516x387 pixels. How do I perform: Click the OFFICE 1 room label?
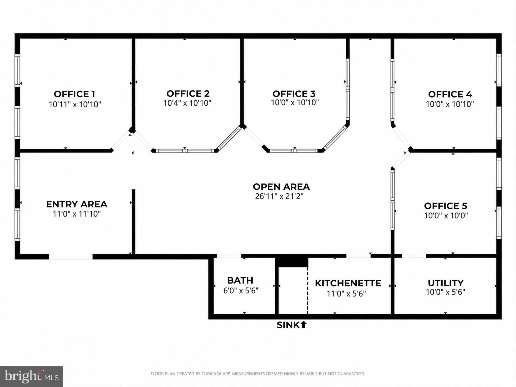pyautogui.click(x=74, y=94)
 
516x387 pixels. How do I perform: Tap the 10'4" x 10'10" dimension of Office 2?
pyautogui.click(x=187, y=103)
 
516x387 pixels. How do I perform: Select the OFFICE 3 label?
pyautogui.click(x=294, y=94)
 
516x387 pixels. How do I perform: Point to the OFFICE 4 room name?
pyautogui.click(x=450, y=94)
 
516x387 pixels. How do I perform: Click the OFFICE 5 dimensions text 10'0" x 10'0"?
pyautogui.click(x=446, y=216)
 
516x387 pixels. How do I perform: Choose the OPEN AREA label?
pyautogui.click(x=281, y=187)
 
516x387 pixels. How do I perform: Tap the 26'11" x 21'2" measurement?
pyautogui.click(x=279, y=196)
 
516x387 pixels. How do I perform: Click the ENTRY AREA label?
pyautogui.click(x=77, y=204)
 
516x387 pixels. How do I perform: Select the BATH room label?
pyautogui.click(x=240, y=280)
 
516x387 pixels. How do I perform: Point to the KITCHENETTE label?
pyautogui.click(x=348, y=283)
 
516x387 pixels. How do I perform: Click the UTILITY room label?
pyautogui.click(x=445, y=283)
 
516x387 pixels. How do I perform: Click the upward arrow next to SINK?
pyautogui.click(x=303, y=325)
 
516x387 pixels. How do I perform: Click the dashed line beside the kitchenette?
pyautogui.click(x=308, y=290)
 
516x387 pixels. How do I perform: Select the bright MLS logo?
pyautogui.click(x=31, y=377)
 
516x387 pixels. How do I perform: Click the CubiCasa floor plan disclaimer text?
pyautogui.click(x=258, y=374)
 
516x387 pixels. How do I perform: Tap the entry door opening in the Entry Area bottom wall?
pyautogui.click(x=71, y=257)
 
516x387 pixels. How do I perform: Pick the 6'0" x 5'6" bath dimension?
pyautogui.click(x=241, y=291)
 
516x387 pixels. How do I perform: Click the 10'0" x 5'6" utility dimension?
pyautogui.click(x=445, y=292)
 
